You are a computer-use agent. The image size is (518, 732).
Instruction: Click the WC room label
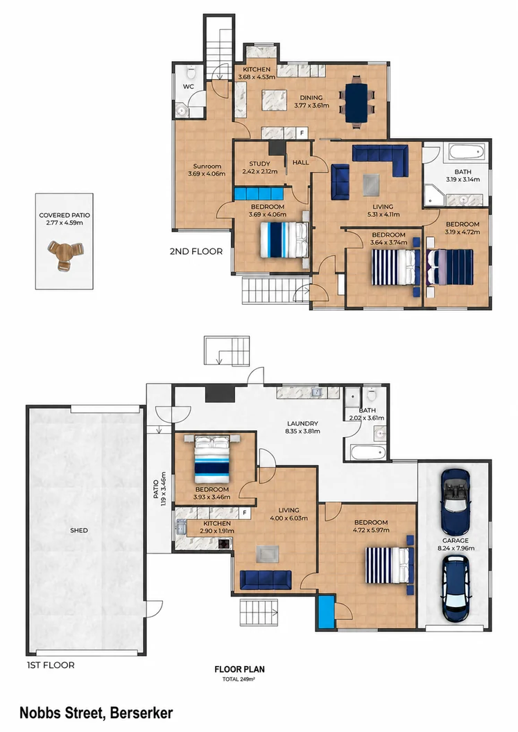point(188,86)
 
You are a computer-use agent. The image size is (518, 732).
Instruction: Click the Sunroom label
point(207,167)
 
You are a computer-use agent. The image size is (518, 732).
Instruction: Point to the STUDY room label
point(259,164)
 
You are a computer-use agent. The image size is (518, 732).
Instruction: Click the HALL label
point(300,162)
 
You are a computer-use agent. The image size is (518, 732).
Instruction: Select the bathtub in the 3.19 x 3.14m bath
point(467,152)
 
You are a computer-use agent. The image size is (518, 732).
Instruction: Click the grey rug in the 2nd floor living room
point(372,185)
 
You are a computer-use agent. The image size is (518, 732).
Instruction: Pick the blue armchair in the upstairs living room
point(340,180)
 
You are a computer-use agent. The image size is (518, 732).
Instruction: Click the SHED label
point(79,530)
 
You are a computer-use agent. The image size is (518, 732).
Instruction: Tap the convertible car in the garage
point(455,502)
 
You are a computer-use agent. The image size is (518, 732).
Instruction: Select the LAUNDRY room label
point(302,423)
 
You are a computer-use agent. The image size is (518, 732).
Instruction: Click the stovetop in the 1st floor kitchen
point(225,543)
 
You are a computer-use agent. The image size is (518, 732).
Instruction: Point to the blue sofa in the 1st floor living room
point(266,580)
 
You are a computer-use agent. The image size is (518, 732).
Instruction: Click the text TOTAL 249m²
point(239,679)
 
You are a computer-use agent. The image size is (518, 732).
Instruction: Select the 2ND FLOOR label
point(196,251)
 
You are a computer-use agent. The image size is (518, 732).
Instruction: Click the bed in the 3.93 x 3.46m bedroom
point(212,460)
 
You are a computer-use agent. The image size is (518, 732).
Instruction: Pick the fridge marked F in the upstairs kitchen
point(302,133)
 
